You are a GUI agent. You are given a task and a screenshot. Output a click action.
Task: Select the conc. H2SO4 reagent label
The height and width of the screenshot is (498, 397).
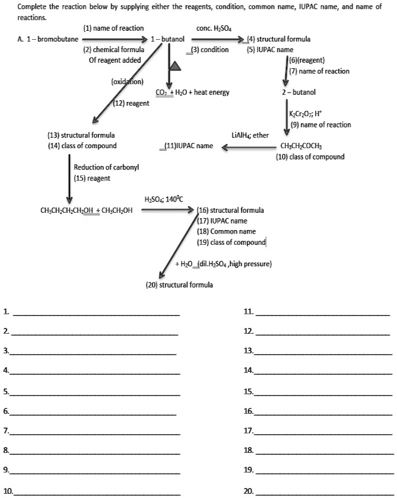(214, 28)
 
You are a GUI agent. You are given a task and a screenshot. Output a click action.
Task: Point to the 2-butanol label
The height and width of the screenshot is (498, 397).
(298, 92)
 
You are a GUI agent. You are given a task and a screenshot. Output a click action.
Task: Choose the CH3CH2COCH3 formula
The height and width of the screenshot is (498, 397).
(301, 146)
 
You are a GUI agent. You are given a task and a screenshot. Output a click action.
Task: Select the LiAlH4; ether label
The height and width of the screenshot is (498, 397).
(250, 136)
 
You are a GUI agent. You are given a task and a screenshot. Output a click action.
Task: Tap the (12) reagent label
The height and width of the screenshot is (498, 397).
(131, 103)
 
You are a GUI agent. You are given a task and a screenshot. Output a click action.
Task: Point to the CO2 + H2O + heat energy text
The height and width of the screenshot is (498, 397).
(192, 92)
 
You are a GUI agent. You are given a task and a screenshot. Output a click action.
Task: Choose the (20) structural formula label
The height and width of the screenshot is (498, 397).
(179, 285)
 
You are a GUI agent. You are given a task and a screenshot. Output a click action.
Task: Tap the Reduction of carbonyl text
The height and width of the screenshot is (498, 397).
(106, 167)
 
